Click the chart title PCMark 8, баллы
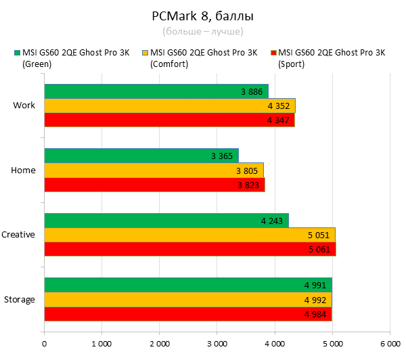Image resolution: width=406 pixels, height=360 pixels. tap(202, 16)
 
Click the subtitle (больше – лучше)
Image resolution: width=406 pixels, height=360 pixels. tap(202, 31)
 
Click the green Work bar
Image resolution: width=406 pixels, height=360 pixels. tap(156, 91)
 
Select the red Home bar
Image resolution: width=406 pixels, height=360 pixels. tap(154, 185)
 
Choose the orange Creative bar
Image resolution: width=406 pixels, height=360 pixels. tap(189, 235)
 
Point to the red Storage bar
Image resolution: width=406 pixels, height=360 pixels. tap(187, 314)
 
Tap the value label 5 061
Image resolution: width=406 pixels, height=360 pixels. tap(317, 248)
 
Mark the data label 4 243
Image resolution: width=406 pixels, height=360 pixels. tap(271, 221)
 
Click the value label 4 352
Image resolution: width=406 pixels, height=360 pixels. tap(278, 106)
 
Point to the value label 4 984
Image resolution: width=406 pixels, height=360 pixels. tap(315, 314)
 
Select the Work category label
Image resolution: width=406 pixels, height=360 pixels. tap(24, 106)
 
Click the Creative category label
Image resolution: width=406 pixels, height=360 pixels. tap(18, 235)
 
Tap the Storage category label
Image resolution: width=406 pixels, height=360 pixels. tap(20, 299)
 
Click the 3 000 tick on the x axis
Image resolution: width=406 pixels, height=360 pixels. tap(217, 344)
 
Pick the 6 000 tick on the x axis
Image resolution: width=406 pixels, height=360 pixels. tap(390, 344)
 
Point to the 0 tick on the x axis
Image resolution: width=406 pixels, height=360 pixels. tap(44, 344)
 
